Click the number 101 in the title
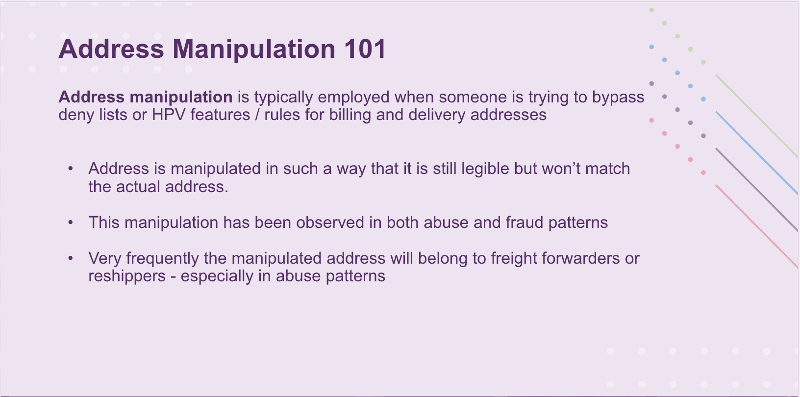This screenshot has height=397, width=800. [365, 49]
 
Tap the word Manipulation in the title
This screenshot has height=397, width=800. [253, 49]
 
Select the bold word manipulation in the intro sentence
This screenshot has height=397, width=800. [181, 97]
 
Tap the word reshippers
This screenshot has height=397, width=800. [127, 276]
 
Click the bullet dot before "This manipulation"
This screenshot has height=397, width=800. [71, 223]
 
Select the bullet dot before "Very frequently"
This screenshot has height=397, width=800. [71, 258]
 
